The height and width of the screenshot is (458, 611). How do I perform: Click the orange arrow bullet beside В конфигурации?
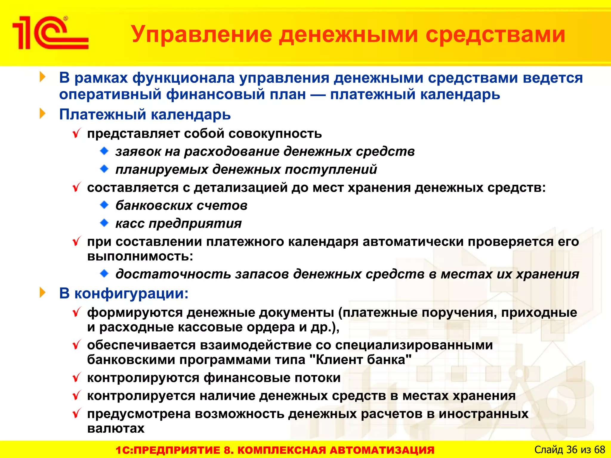pyautogui.click(x=43, y=293)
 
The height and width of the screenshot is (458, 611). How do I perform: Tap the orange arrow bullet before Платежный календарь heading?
pyautogui.click(x=43, y=114)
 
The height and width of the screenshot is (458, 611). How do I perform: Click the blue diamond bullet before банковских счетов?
pyautogui.click(x=104, y=205)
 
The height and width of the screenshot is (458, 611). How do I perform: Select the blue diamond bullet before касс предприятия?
pyautogui.click(x=104, y=223)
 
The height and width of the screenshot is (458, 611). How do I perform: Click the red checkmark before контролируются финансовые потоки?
pyautogui.click(x=77, y=377)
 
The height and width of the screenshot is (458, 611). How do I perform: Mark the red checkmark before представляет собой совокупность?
pyautogui.click(x=77, y=133)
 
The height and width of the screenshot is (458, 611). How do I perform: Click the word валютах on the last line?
pyautogui.click(x=116, y=428)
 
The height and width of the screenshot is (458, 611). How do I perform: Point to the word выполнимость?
pyautogui.click(x=140, y=256)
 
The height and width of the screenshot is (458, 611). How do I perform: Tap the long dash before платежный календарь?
pyautogui.click(x=318, y=95)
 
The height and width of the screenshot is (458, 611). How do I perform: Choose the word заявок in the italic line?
pyautogui.click(x=138, y=152)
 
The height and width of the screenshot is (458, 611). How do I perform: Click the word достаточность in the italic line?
pyautogui.click(x=173, y=274)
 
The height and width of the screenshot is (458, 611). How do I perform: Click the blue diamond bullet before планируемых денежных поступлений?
pyautogui.click(x=104, y=169)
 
